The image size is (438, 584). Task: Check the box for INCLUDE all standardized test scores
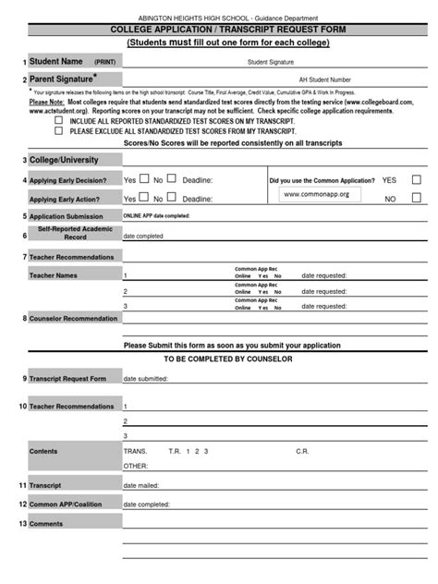60,121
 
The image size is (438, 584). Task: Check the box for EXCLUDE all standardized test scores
60,131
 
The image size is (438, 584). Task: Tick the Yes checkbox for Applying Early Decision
143,179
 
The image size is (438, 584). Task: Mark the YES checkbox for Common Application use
416,180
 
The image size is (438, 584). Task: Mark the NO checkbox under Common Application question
416,199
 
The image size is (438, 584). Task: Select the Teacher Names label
53,275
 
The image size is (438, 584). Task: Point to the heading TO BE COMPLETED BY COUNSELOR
227,359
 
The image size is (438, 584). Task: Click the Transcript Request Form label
67,379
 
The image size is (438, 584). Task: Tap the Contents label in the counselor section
43,451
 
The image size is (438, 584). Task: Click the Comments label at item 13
46,523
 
